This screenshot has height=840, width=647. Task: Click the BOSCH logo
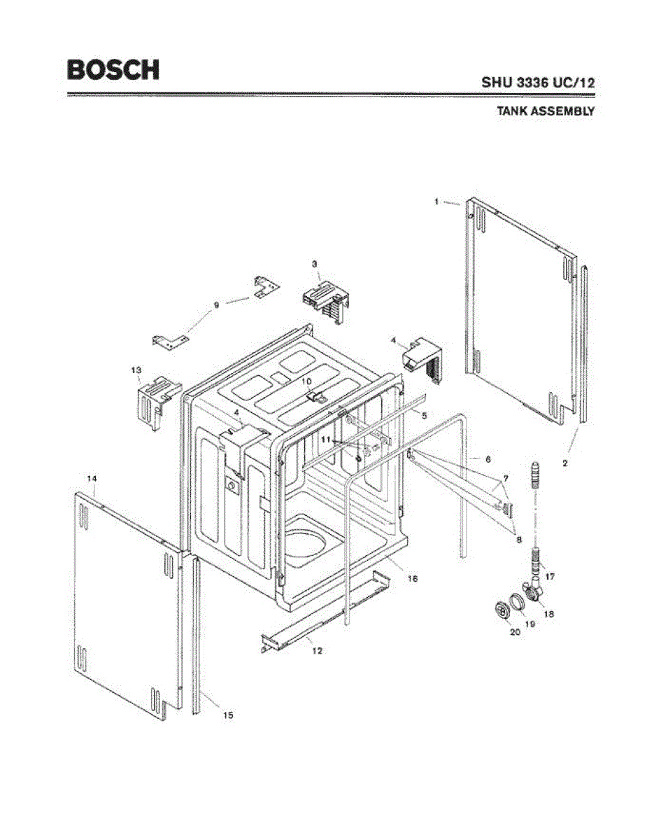[x=113, y=69]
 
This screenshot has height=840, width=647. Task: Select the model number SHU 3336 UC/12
[x=538, y=82]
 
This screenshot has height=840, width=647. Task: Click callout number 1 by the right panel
[x=436, y=202]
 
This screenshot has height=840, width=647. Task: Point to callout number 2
[x=565, y=463]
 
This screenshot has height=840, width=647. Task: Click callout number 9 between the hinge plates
[x=216, y=304]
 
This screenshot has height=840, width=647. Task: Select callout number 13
[x=136, y=369]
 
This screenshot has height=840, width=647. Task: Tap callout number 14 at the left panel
[x=92, y=478]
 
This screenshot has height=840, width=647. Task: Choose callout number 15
[x=228, y=715]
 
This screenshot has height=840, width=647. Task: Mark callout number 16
[x=413, y=579]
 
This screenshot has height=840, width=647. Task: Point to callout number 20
[x=515, y=631]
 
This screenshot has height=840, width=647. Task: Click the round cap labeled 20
[x=500, y=610]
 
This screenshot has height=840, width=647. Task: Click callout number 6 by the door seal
[x=488, y=458]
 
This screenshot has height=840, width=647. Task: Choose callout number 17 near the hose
[x=550, y=577]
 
